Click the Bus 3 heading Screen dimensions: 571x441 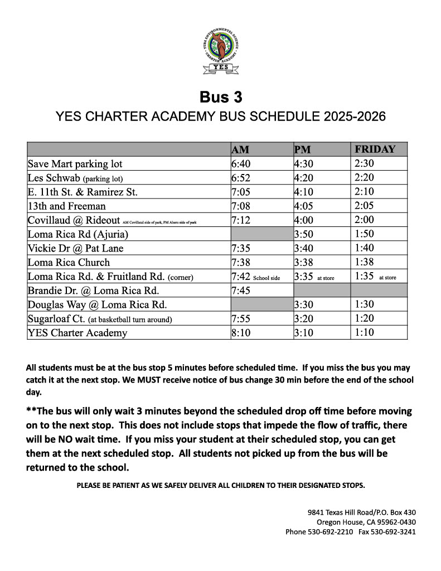pos(221,97)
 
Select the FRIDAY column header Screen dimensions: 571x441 pos(375,149)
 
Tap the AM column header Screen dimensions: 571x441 pos(240,150)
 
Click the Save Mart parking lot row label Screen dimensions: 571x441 pos(75,164)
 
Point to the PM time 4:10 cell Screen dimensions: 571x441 pos(304,192)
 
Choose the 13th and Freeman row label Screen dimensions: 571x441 pos(66,206)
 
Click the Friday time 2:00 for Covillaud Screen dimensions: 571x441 pos(364,220)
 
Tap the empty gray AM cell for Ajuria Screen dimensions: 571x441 pos(261,234)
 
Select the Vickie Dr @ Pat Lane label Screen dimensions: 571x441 pos(75,248)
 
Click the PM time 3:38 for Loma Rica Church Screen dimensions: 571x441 pos(304,262)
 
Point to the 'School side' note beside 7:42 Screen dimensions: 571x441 pos(266,278)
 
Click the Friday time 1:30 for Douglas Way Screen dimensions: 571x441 pos(364,304)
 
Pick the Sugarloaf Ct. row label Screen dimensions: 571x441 pos(100,319)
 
